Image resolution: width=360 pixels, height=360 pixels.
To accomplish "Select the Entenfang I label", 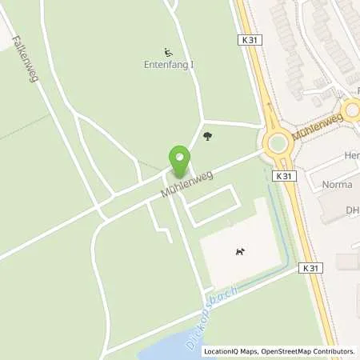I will [x=168, y=64].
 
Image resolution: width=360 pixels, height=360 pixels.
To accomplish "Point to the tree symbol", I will [x=208, y=137].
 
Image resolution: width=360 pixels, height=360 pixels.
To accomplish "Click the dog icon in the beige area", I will [x=240, y=254].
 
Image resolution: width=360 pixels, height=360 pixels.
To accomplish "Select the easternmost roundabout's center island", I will [x=353, y=111].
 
